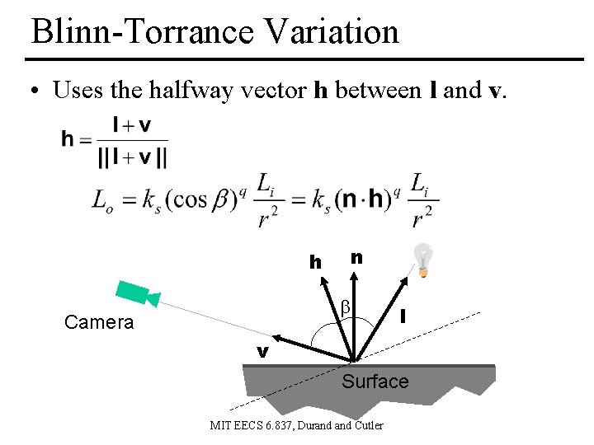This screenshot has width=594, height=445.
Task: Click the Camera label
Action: coord(99,322)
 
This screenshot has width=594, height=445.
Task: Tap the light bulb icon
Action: coord(423,260)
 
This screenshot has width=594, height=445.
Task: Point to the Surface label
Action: coord(375,381)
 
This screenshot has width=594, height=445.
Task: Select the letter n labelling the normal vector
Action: coord(356,258)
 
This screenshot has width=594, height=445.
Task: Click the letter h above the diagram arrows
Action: coord(315,263)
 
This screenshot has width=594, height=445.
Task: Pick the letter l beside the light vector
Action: coord(403,316)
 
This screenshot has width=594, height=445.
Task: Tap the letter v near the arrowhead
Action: coord(262,352)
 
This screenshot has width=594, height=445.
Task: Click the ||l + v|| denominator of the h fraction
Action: coord(133,154)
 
